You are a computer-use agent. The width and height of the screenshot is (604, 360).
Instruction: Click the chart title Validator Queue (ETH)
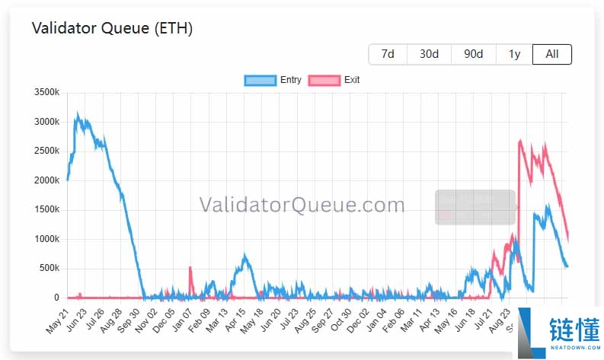coord(112,29)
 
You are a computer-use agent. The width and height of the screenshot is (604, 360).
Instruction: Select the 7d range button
coord(388,54)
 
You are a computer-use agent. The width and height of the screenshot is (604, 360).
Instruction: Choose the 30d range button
coord(429,54)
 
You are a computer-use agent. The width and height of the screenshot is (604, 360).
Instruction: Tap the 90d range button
coord(473,54)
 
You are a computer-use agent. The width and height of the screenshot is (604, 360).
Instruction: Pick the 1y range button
coord(514,54)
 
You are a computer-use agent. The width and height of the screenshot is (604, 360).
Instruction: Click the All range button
coord(552,54)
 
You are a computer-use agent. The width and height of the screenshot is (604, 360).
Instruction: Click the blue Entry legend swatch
coord(260,80)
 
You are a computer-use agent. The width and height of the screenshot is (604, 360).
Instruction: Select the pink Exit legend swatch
coord(324,80)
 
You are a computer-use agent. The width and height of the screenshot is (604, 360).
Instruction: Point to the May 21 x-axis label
coord(59,320)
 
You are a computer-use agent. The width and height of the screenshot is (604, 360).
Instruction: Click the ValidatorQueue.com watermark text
coord(302,205)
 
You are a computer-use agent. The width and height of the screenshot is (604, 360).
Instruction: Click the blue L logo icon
coord(531,332)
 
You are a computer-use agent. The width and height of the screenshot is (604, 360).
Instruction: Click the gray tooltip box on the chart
coord(475,207)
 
